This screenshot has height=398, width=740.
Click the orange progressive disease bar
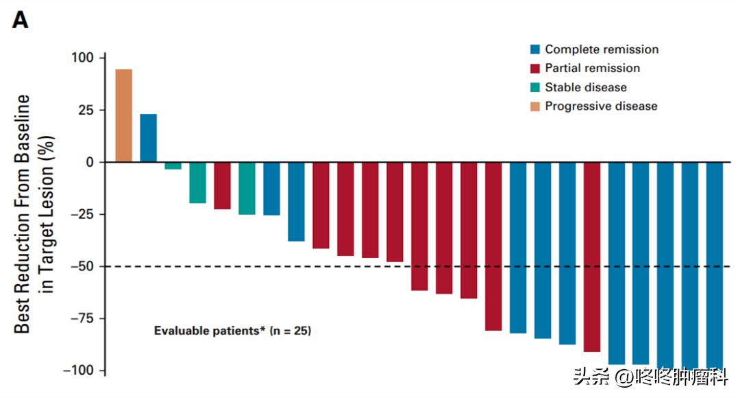pos(123,115)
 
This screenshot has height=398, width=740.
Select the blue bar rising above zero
pos(148,138)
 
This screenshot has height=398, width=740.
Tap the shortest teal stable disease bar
pos(173,165)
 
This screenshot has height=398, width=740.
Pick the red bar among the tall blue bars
pos(592,257)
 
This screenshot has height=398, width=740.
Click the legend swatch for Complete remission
pos(535,49)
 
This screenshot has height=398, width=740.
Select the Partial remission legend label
pos(592,68)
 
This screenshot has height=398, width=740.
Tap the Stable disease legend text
pos(586,87)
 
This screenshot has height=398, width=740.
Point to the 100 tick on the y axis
pos(82,58)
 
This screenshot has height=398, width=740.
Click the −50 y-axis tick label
pos(79,266)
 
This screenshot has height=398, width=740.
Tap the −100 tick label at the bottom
pos(77,371)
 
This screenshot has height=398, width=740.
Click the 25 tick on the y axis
pos(86,110)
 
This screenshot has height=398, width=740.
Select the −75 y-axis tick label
pos(79,318)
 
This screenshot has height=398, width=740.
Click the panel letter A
pos(21,21)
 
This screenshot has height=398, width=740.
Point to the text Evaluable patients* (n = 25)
pos(232,331)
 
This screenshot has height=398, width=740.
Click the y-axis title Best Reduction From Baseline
pos(23,214)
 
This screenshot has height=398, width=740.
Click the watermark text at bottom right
pos(651,376)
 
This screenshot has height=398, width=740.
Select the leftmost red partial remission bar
pos(222,185)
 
